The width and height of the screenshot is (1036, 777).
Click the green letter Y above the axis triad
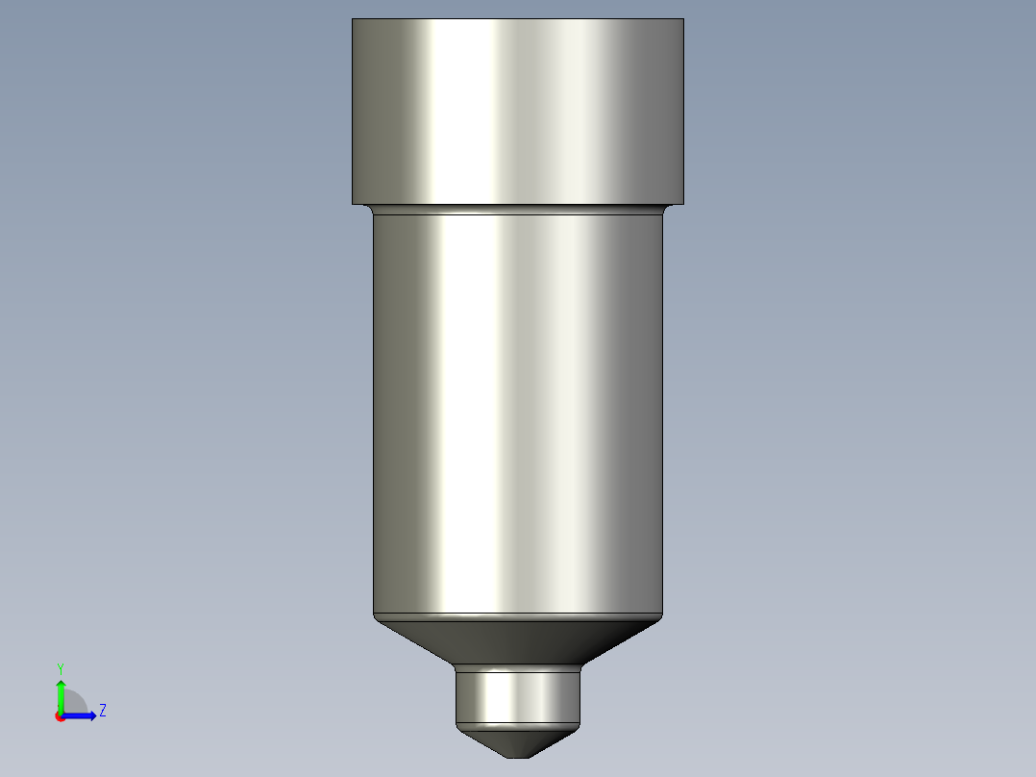(x=60, y=667)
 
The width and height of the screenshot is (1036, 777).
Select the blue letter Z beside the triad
(x=102, y=711)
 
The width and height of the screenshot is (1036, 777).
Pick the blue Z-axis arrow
(x=82, y=715)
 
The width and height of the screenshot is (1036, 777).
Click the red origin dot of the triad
(x=60, y=716)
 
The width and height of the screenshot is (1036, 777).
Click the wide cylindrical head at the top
(x=518, y=111)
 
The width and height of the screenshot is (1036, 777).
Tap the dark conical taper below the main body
(x=518, y=639)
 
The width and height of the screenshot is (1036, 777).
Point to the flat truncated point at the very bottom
(x=518, y=756)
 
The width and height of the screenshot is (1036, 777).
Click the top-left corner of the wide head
(x=353, y=20)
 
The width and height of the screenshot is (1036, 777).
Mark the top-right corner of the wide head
(x=683, y=20)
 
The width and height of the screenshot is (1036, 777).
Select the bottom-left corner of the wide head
(x=353, y=203)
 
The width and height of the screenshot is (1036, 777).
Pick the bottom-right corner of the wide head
(x=683, y=203)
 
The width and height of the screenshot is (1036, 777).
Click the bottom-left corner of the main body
(x=374, y=616)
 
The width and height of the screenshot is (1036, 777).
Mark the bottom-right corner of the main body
(x=662, y=616)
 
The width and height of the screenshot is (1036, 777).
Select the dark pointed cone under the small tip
(x=518, y=740)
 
